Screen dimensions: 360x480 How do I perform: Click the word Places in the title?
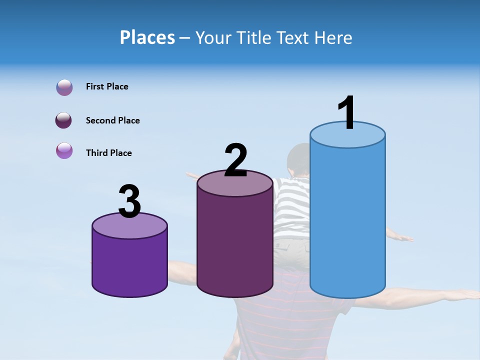pyautogui.click(x=147, y=37)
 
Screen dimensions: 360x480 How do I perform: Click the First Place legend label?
pyautogui.click(x=107, y=86)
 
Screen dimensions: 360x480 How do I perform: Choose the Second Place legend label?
pyautogui.click(x=112, y=120)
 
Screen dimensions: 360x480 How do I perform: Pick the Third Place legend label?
pyautogui.click(x=108, y=153)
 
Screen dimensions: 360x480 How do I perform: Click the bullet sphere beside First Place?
pyautogui.click(x=64, y=87)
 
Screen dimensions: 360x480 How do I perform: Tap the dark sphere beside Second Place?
pyautogui.click(x=64, y=120)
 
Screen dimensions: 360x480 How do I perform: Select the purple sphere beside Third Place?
pyautogui.click(x=64, y=150)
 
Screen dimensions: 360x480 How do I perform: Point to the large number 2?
pyautogui.click(x=235, y=160)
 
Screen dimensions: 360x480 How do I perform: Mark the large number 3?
pyautogui.click(x=129, y=202)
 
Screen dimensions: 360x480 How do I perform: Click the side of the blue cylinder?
pyautogui.click(x=347, y=220)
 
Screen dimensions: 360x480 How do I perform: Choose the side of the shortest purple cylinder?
pyautogui.click(x=129, y=265)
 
